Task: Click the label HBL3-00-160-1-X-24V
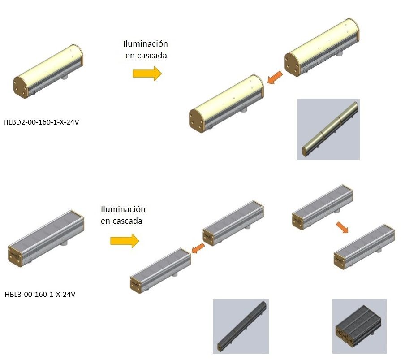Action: [x=40, y=295]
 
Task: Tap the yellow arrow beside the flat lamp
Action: [x=125, y=241]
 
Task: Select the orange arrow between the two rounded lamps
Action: [x=275, y=78]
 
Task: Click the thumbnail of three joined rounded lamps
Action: [x=328, y=129]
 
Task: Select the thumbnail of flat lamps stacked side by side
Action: [x=359, y=326]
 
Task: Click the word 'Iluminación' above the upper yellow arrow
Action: [x=146, y=44]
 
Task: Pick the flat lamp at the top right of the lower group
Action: [x=322, y=206]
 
